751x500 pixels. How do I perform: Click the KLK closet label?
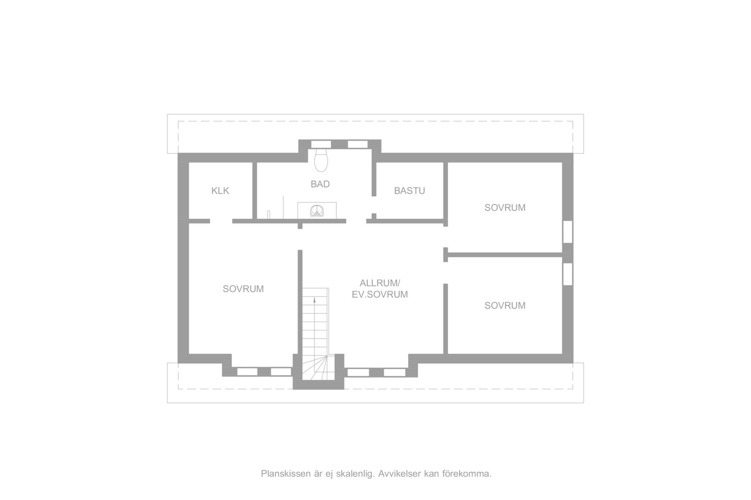(x=220, y=191)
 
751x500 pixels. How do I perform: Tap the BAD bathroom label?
(x=320, y=184)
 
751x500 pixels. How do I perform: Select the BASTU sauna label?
(x=410, y=191)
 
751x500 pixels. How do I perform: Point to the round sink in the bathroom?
(x=317, y=210)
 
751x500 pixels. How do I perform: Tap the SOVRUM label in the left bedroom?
(x=243, y=289)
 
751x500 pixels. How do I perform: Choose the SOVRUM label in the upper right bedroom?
(x=505, y=207)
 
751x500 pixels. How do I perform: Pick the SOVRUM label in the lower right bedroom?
(x=505, y=305)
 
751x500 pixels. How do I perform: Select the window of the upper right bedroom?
(x=567, y=232)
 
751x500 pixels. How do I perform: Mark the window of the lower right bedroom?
(x=567, y=274)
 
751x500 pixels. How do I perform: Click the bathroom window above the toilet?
(x=321, y=144)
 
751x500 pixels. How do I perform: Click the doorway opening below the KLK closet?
(x=221, y=221)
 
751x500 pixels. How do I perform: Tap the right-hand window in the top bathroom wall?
(x=358, y=144)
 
